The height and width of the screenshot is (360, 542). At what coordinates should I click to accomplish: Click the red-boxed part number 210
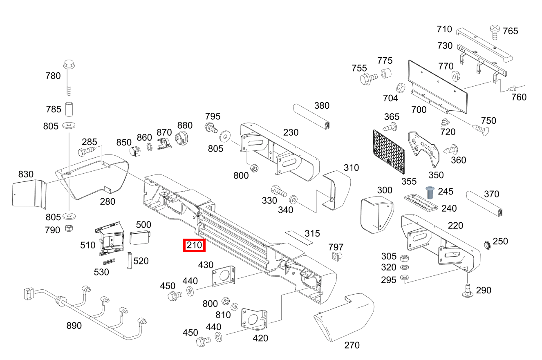(x=194, y=245)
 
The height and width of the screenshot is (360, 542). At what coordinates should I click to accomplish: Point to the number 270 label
(x=352, y=345)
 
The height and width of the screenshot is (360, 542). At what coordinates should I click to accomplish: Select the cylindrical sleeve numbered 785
(x=69, y=109)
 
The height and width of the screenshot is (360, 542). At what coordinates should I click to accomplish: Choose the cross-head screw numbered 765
(x=495, y=31)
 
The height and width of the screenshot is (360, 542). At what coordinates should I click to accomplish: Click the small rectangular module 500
(x=140, y=237)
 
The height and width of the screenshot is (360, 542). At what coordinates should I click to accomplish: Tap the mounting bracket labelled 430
(x=224, y=276)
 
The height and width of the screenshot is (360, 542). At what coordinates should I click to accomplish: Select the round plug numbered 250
(x=487, y=245)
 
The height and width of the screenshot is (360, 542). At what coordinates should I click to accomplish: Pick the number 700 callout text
(x=419, y=110)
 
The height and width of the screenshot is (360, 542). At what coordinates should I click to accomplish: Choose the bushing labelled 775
(x=386, y=74)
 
